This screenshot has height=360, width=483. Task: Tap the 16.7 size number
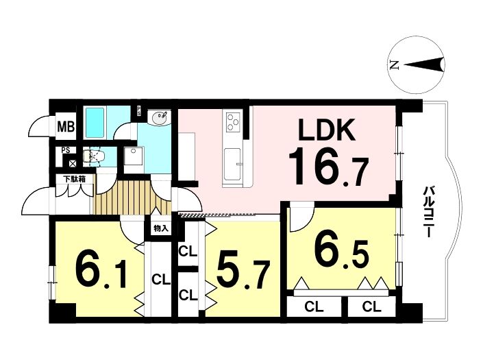click(328, 167)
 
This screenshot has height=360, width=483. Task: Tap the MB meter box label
click(66, 126)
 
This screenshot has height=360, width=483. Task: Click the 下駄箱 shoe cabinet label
click(74, 179)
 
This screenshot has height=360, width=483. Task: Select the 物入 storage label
click(161, 228)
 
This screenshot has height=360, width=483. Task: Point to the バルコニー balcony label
click(428, 212)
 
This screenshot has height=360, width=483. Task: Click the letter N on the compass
click(393, 65)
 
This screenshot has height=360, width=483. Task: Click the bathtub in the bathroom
click(96, 123)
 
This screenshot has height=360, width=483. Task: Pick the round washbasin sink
click(159, 118)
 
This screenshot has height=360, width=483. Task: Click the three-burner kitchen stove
click(233, 122)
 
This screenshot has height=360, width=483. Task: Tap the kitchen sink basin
click(232, 163)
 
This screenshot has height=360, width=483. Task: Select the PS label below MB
click(65, 150)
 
